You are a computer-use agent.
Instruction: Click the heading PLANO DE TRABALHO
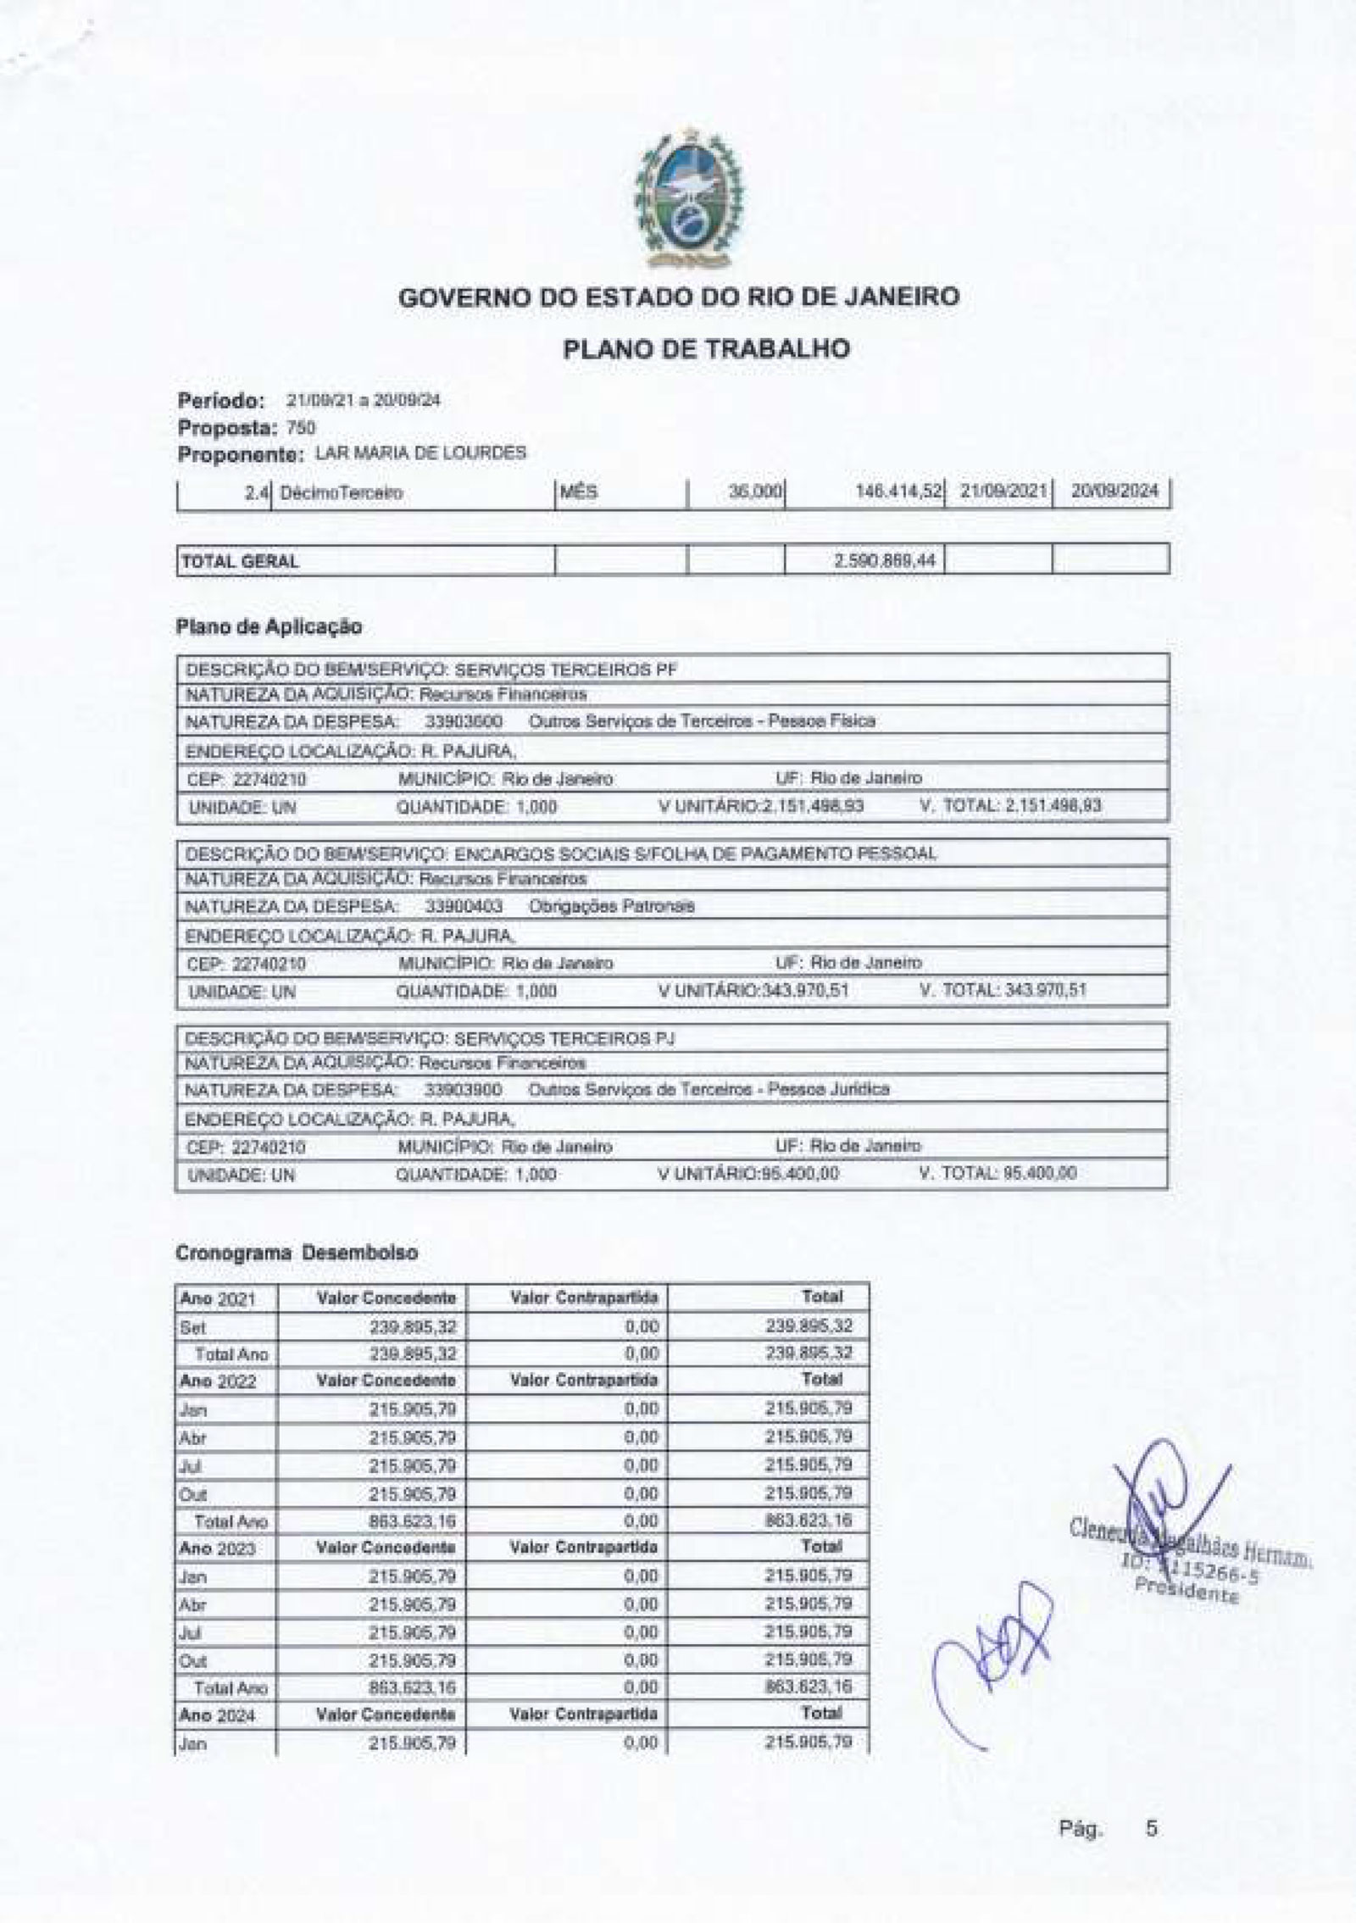(706, 349)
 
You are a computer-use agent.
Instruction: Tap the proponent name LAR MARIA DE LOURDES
(420, 453)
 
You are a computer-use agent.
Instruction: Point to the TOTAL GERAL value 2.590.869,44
(887, 560)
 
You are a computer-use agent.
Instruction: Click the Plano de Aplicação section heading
(269, 627)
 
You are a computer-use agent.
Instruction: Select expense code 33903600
(464, 721)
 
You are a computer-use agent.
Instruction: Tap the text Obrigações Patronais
(611, 906)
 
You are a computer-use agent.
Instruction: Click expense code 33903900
(464, 1089)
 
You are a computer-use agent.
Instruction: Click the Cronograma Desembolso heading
(296, 1253)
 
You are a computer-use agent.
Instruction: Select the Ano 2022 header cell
(217, 1381)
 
